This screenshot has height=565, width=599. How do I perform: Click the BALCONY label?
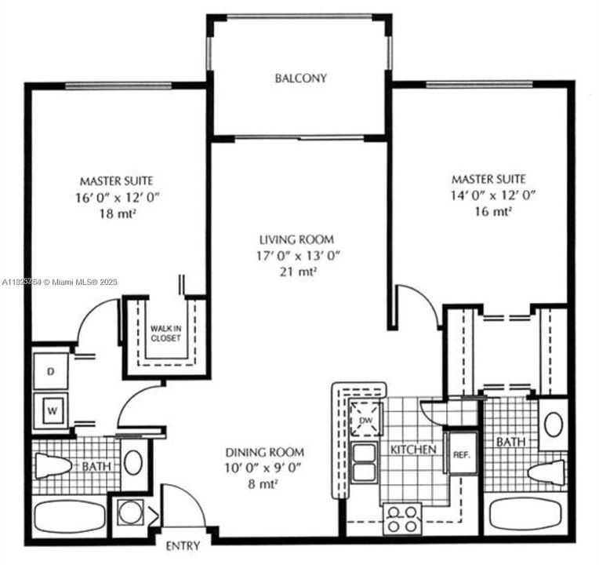(x=300, y=78)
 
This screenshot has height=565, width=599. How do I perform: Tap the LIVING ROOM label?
(x=297, y=239)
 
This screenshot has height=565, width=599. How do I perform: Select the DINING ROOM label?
(x=264, y=453)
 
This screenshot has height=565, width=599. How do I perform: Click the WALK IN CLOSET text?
(x=165, y=332)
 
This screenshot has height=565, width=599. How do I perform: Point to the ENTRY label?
(x=183, y=546)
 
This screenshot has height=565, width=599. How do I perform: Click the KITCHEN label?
(x=412, y=450)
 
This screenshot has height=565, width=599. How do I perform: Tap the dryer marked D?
(x=52, y=372)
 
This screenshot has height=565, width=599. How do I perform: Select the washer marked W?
(x=52, y=408)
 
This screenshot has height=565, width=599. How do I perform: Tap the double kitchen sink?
(x=363, y=463)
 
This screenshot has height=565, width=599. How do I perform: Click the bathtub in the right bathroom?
(x=526, y=517)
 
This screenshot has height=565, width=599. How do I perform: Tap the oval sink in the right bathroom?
(x=554, y=425)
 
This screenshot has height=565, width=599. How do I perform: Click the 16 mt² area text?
(x=494, y=211)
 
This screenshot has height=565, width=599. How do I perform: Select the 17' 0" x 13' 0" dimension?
(x=297, y=256)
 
